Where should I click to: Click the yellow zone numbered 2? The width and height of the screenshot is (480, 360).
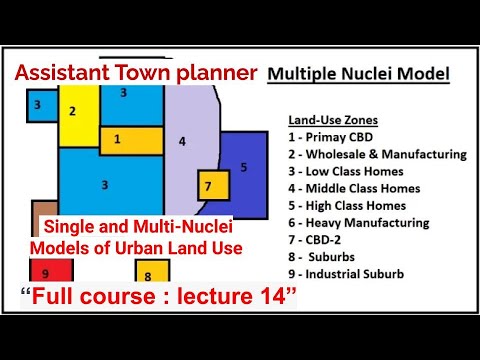pyautogui.click(x=75, y=112)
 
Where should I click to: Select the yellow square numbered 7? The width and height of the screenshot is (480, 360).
pyautogui.click(x=207, y=186)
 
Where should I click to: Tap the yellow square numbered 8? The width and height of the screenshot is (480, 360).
pyautogui.click(x=148, y=274)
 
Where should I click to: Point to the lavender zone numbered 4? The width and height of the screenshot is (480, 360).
pyautogui.click(x=182, y=141)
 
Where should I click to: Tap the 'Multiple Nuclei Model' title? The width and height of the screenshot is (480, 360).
pyautogui.click(x=359, y=74)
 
